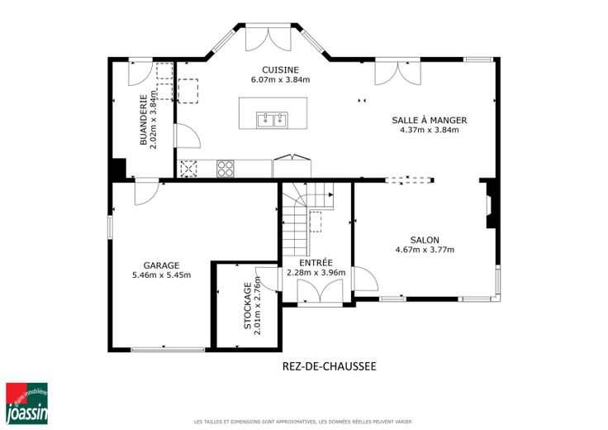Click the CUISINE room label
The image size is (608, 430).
[x=280, y=69]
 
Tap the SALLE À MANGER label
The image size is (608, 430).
[x=430, y=120]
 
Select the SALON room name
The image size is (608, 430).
[x=425, y=241]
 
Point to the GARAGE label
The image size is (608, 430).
[x=161, y=265]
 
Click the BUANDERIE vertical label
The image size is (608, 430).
[x=144, y=120]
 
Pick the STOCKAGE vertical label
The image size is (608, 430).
[x=247, y=306]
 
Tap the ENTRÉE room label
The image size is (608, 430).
[x=316, y=262]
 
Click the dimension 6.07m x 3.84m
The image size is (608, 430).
[x=280, y=80]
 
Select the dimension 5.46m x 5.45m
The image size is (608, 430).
[x=161, y=275]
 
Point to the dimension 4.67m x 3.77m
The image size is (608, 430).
[x=425, y=250]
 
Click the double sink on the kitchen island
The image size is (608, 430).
[x=272, y=120]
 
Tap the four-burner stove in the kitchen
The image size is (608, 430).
[x=226, y=169]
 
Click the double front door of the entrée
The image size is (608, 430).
[x=320, y=292]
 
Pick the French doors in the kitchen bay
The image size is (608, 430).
[x=268, y=38]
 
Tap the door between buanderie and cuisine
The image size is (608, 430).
[x=188, y=136]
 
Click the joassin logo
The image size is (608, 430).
[x=26, y=404]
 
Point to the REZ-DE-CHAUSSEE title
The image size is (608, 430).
[x=330, y=366]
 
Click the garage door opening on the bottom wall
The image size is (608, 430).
[x=168, y=350]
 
